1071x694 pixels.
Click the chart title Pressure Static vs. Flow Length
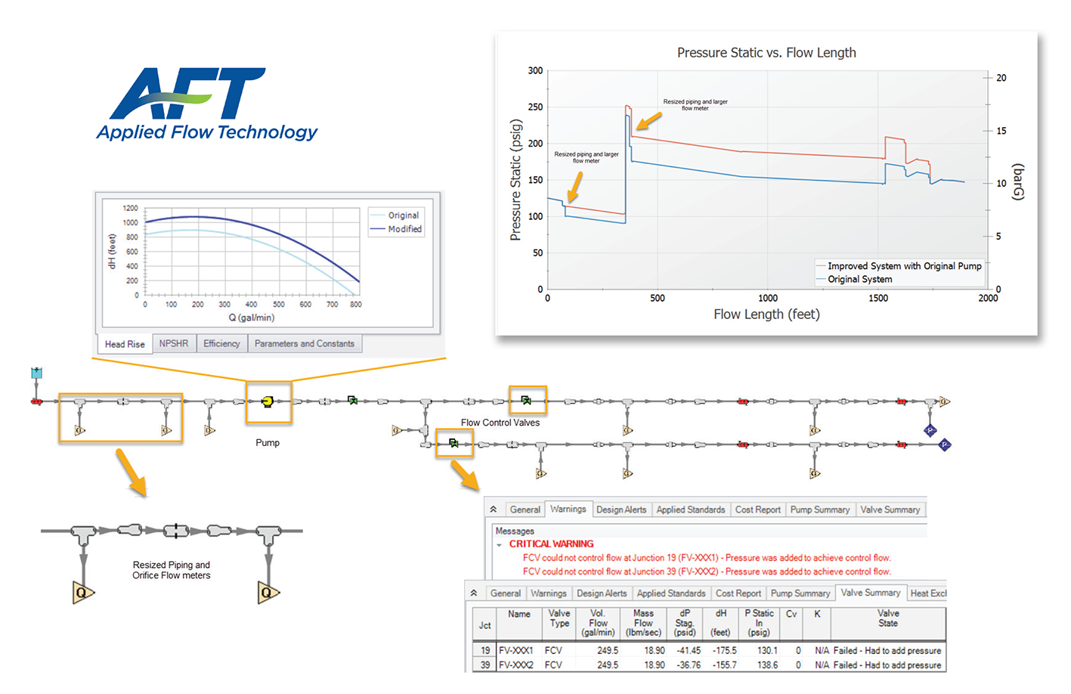tap(766, 53)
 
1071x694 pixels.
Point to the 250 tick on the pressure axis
tap(535, 107)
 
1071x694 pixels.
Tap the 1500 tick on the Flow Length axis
tap(878, 299)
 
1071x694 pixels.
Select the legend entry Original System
tap(859, 280)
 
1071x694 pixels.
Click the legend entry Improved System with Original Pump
tap(904, 266)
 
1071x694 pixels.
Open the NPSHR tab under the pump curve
tap(174, 343)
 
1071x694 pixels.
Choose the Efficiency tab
tap(221, 343)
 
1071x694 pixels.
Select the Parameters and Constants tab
tap(304, 343)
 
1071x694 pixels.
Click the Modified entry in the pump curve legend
tap(404, 229)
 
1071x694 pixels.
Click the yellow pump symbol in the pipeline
tap(267, 401)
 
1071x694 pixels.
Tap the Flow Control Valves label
tap(500, 423)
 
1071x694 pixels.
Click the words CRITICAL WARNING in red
tap(551, 544)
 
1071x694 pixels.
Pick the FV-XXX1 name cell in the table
tap(516, 651)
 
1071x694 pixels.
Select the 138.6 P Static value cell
tap(767, 665)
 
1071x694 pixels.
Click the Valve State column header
tap(888, 618)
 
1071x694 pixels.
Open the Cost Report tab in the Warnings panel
tap(757, 510)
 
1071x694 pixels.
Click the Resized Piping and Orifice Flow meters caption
tap(172, 570)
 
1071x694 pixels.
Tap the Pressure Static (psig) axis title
tap(516, 180)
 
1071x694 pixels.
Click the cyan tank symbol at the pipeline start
tap(36, 373)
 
